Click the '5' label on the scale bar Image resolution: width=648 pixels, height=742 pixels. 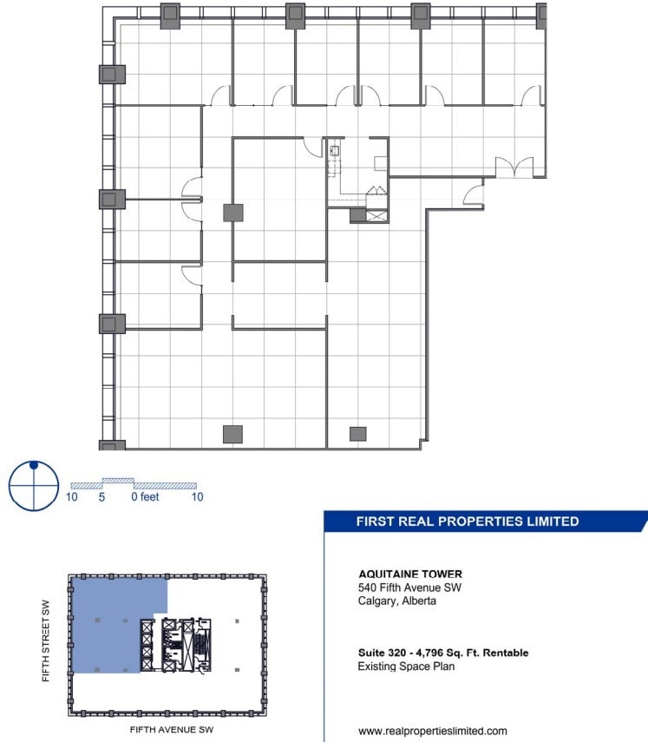coord(102,497)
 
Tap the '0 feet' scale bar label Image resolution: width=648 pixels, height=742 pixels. coord(146,497)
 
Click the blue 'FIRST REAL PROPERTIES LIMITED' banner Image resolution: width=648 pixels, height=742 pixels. coord(468,522)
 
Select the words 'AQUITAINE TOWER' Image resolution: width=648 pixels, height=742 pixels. coord(410,574)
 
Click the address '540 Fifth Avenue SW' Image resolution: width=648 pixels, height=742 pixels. coord(410,587)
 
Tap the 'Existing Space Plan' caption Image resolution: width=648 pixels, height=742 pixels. coord(406,666)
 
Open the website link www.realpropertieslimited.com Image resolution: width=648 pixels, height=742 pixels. coord(433,731)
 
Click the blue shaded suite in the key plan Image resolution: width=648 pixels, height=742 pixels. coord(108,625)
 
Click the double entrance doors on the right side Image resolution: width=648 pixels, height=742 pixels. coord(514,167)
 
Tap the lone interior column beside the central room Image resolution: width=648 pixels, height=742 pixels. coord(232,212)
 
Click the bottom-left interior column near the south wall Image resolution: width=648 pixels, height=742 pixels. coord(232,434)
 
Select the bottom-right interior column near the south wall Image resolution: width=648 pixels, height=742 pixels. coord(357,434)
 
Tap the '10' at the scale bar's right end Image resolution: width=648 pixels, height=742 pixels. coord(197,497)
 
